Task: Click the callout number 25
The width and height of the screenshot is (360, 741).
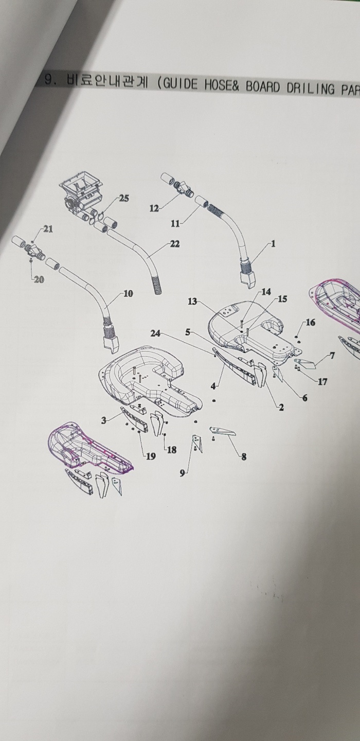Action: [124, 199]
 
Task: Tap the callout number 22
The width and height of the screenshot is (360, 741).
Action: [174, 244]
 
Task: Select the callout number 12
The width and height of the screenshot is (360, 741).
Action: [154, 208]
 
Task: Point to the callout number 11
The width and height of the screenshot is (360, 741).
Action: [175, 224]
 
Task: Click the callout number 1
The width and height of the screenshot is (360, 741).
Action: [273, 244]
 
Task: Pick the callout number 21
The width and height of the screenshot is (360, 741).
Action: [48, 229]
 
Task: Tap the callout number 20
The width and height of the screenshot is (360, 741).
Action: [39, 279]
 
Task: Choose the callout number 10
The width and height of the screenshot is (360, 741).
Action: [128, 293]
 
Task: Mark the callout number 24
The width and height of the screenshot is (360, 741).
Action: [155, 334]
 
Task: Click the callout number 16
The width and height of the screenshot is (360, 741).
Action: [311, 322]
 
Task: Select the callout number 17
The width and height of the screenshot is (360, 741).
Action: [322, 382]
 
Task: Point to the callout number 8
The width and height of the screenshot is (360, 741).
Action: [244, 457]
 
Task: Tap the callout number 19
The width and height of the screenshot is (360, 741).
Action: [151, 456]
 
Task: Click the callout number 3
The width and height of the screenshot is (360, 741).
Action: [104, 420]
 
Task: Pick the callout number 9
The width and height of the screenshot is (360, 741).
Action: [182, 474]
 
